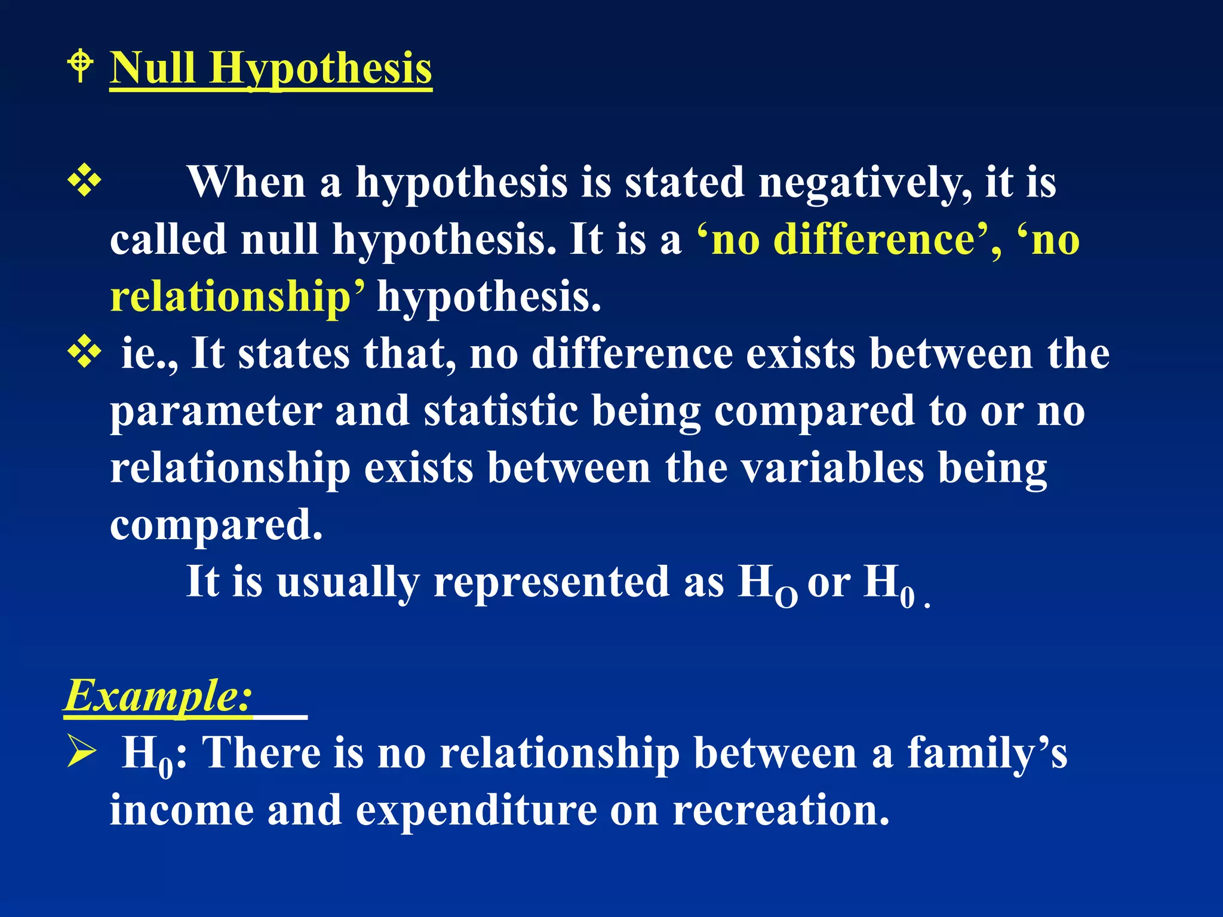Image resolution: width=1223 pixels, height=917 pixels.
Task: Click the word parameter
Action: [x=216, y=412]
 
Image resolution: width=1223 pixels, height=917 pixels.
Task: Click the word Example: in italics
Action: [x=158, y=696]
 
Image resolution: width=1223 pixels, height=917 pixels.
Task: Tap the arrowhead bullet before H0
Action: [x=81, y=752]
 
